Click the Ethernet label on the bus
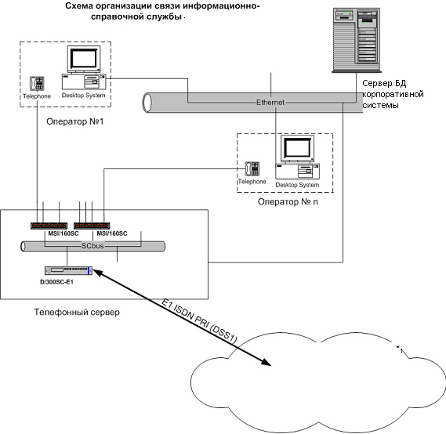(270, 103)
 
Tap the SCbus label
(92, 246)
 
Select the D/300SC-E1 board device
(68, 270)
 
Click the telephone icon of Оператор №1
(37, 84)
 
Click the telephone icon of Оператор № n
(252, 169)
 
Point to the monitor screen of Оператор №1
(84, 58)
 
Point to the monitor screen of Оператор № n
(298, 148)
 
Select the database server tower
(357, 40)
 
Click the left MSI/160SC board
(49, 226)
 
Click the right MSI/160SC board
(92, 226)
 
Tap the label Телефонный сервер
(77, 312)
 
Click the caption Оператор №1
(74, 121)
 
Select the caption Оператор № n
(288, 202)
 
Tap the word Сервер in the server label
(375, 83)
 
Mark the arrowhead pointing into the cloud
(267, 362)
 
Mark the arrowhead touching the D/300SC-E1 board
(98, 273)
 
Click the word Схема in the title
(78, 5)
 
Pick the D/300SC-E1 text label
(56, 282)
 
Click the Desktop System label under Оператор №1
(83, 96)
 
